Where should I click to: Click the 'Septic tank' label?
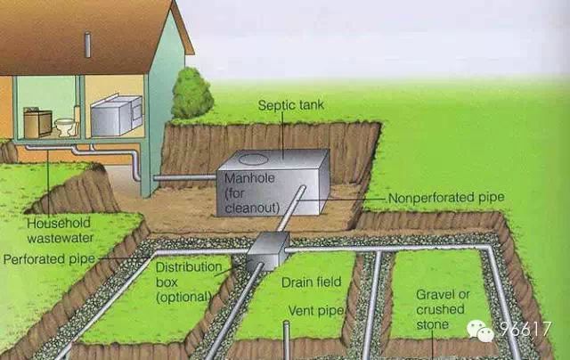click(x=291, y=105)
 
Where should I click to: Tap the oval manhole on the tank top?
click(x=253, y=160)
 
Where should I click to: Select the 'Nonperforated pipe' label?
click(x=446, y=198)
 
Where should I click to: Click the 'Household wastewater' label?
click(x=60, y=231)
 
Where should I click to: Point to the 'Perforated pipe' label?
click(x=49, y=259)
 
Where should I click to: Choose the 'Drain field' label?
click(x=311, y=282)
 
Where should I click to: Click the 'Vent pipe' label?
click(x=315, y=311)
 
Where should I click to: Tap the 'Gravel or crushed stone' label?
click(x=443, y=309)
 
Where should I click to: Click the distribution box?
click(x=268, y=251)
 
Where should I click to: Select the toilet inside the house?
click(x=66, y=127)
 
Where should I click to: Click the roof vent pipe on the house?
click(x=87, y=45)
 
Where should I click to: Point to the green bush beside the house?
click(x=192, y=94)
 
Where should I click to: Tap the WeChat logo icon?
click(x=481, y=331)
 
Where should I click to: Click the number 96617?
click(x=525, y=329)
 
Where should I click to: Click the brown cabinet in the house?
click(x=37, y=124)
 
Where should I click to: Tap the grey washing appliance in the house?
click(x=116, y=115)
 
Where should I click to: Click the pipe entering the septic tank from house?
click(x=184, y=177)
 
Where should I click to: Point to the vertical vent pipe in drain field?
click(x=287, y=340)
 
